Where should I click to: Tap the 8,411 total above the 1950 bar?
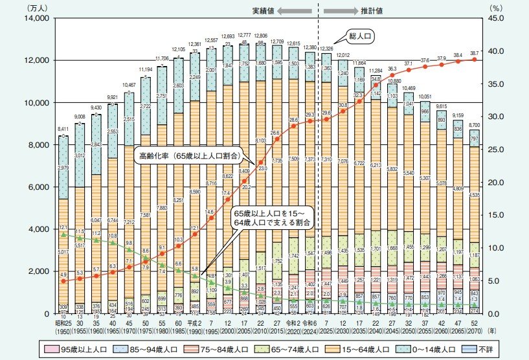point(63,129)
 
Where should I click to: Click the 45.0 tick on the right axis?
point(495,19)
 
